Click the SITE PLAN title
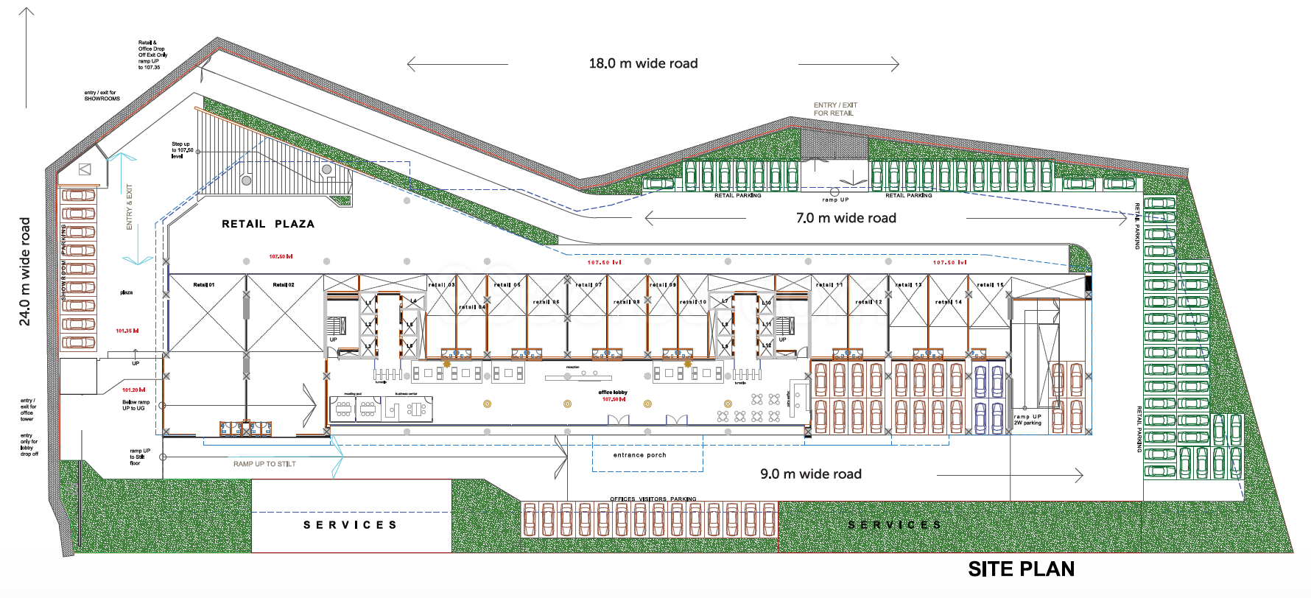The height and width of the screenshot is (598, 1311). click(1021, 569)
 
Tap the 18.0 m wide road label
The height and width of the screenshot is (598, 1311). click(643, 63)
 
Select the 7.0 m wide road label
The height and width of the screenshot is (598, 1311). click(846, 218)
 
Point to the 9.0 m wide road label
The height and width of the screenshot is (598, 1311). click(810, 474)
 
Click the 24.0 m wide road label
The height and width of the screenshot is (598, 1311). click(25, 271)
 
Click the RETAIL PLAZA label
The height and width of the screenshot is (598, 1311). click(268, 224)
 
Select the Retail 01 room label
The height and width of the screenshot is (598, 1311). click(204, 284)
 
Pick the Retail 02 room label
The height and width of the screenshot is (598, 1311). click(284, 284)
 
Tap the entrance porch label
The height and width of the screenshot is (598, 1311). click(639, 455)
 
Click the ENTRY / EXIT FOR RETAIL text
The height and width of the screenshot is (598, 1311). click(835, 109)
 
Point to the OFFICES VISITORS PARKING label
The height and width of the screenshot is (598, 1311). click(653, 499)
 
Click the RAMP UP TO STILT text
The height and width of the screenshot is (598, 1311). click(264, 464)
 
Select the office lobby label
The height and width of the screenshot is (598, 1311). click(613, 393)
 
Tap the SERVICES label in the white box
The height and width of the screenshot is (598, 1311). click(351, 525)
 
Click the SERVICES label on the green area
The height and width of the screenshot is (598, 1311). click(894, 525)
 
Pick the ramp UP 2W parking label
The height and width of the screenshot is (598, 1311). click(1027, 420)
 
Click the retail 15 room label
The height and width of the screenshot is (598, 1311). click(990, 284)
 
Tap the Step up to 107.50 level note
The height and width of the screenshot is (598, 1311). click(182, 149)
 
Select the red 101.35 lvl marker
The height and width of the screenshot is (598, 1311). click(127, 331)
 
